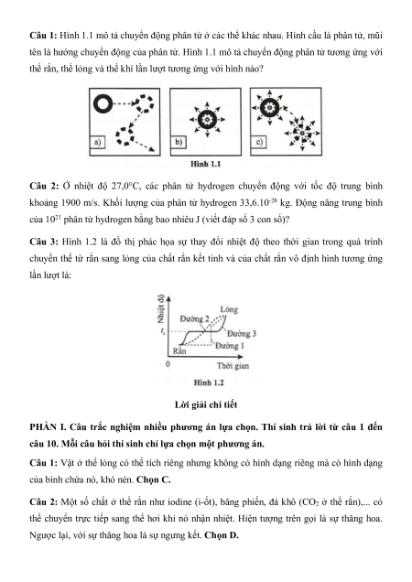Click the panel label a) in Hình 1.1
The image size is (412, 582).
point(98,143)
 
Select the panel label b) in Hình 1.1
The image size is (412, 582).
point(179,142)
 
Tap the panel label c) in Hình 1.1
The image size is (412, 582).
point(259,142)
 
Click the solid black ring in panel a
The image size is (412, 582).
point(103,103)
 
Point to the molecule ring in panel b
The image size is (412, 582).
point(207,119)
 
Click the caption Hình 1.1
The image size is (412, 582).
point(205,164)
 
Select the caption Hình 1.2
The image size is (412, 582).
point(209,383)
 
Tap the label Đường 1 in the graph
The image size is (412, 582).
point(230,346)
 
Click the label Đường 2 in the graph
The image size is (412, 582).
point(195,318)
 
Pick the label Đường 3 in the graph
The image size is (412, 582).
point(242,333)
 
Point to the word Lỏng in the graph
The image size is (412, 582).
point(229,309)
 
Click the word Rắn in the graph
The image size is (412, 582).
point(179,350)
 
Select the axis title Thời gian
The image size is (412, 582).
point(233,366)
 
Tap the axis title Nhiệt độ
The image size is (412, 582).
point(161,308)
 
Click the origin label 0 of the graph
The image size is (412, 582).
point(168,364)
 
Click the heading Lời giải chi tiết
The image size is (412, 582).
point(206,404)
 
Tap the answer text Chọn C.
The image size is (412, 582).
point(154,480)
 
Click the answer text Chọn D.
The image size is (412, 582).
point(222,535)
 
